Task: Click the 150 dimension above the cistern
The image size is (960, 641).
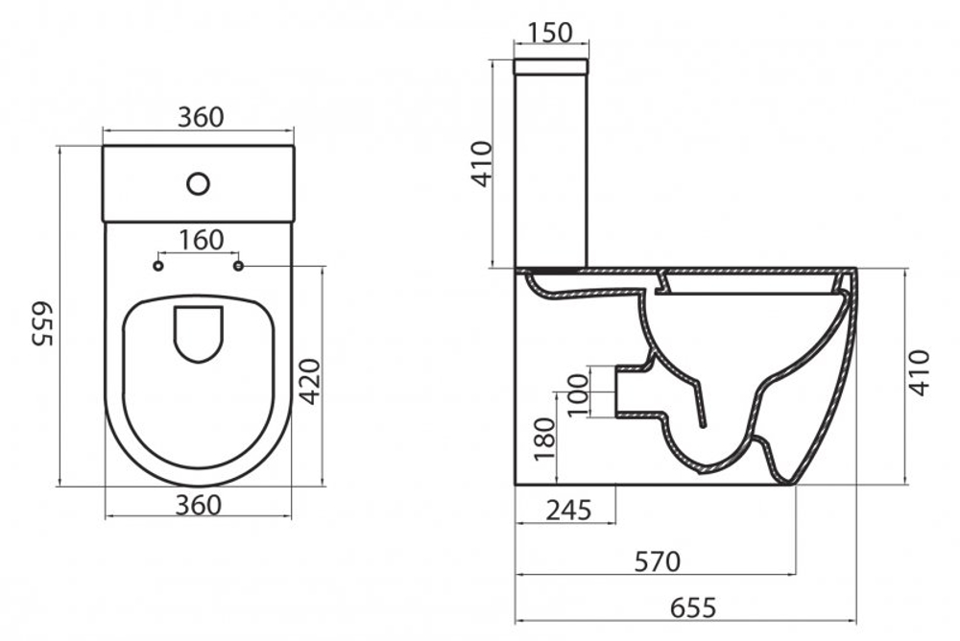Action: coord(551,31)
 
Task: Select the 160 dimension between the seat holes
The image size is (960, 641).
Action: coord(201,240)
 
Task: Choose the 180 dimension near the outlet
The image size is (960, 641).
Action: coord(544,437)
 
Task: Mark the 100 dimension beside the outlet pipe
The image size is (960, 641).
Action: coord(576,392)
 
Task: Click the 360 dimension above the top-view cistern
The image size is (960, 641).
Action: coord(201,116)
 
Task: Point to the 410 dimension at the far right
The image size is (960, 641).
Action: coord(921,372)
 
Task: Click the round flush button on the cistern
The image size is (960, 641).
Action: coord(198,181)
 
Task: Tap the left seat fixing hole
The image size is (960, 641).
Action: coord(159,264)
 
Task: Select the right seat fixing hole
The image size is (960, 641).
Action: coord(238,264)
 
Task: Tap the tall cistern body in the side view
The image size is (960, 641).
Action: coord(551,173)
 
